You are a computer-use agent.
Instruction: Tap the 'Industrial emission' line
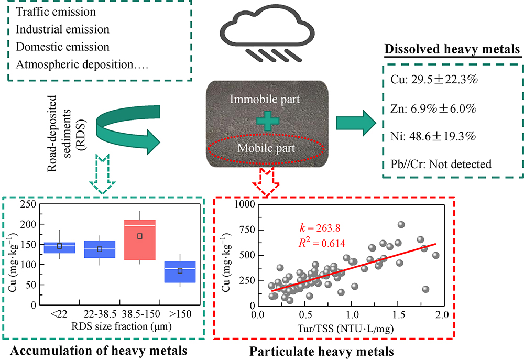pyautogui.click(x=62, y=29)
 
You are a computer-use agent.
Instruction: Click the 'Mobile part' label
pyautogui.click(x=267, y=148)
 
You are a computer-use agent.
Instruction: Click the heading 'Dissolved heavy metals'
pyautogui.click(x=452, y=50)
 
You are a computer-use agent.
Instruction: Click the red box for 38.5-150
pyautogui.click(x=139, y=239)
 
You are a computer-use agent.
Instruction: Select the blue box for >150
pyautogui.click(x=180, y=271)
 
